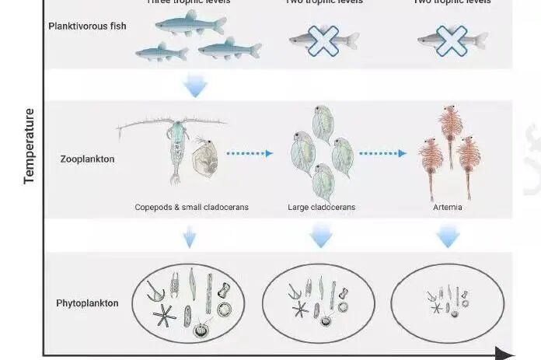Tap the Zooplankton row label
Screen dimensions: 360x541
coord(87,159)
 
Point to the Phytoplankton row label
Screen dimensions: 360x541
coord(87,302)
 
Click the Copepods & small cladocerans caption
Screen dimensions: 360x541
coord(183,208)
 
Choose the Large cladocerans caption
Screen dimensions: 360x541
coord(321,208)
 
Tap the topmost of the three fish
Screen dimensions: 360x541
coord(190,25)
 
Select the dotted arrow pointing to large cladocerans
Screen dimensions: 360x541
coord(250,153)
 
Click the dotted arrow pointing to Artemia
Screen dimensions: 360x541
coord(382,153)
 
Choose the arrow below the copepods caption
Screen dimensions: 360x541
coord(189,236)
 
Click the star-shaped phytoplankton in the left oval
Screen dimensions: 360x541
coord(163,316)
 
